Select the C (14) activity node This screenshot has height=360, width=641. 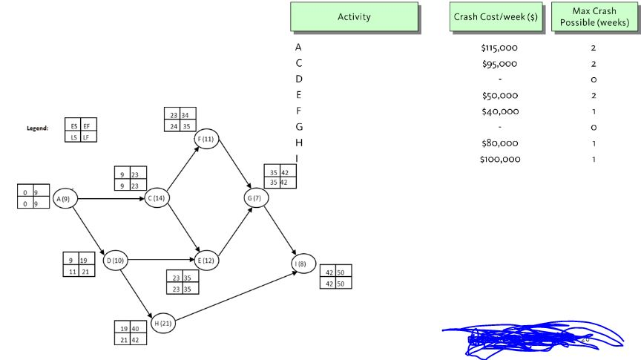point(157,199)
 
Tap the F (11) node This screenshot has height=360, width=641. point(206,140)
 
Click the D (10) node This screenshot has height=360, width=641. point(115,261)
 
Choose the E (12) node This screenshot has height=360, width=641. point(206,261)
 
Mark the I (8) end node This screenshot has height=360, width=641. point(304,264)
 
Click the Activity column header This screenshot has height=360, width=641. point(354,16)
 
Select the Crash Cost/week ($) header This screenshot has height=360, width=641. point(496,16)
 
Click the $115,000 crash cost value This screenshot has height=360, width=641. point(499,48)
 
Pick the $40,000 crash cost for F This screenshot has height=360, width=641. point(501,111)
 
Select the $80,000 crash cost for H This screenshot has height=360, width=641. point(501,143)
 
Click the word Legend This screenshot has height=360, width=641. point(37,128)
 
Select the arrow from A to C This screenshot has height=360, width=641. point(111,199)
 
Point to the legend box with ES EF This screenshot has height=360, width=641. point(81,131)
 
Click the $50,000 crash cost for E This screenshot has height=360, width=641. point(501,96)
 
